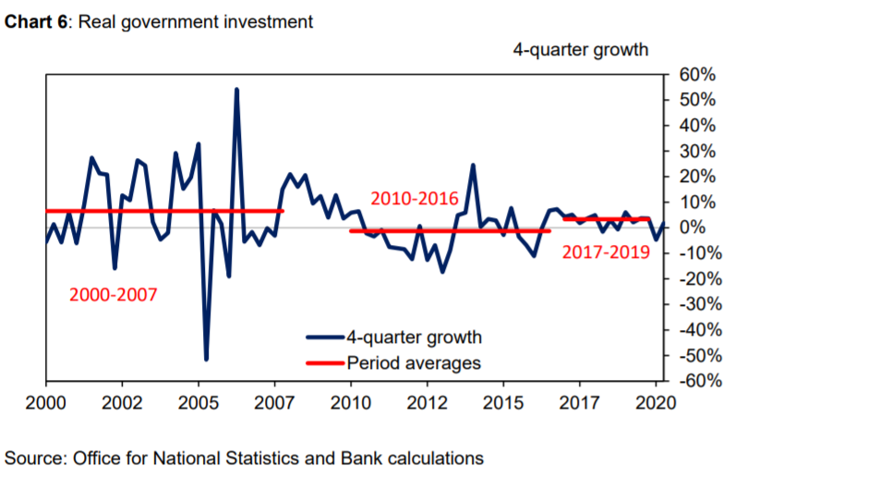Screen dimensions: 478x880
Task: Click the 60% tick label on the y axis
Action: pyautogui.click(x=699, y=74)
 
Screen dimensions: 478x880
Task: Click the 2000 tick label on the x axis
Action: pyautogui.click(x=45, y=403)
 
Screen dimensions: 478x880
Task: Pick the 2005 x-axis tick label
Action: pyautogui.click(x=198, y=403)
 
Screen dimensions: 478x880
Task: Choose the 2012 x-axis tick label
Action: pyautogui.click(x=427, y=403)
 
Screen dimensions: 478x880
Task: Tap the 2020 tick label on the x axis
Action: pyautogui.click(x=656, y=403)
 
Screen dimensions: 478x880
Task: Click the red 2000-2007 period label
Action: pyautogui.click(x=114, y=295)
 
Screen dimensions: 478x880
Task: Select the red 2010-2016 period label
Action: pyautogui.click(x=415, y=198)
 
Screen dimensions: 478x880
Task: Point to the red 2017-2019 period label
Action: pyautogui.click(x=606, y=251)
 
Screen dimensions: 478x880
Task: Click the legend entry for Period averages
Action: pyautogui.click(x=414, y=362)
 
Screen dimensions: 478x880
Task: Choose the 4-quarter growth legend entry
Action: pyautogui.click(x=414, y=337)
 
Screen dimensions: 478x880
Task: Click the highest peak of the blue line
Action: pyautogui.click(x=236, y=90)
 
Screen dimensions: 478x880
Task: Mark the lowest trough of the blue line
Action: pyautogui.click(x=206, y=359)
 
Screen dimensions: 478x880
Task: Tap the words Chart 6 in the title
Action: pyautogui.click(x=37, y=21)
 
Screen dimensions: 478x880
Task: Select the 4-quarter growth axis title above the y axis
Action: pyautogui.click(x=581, y=49)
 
